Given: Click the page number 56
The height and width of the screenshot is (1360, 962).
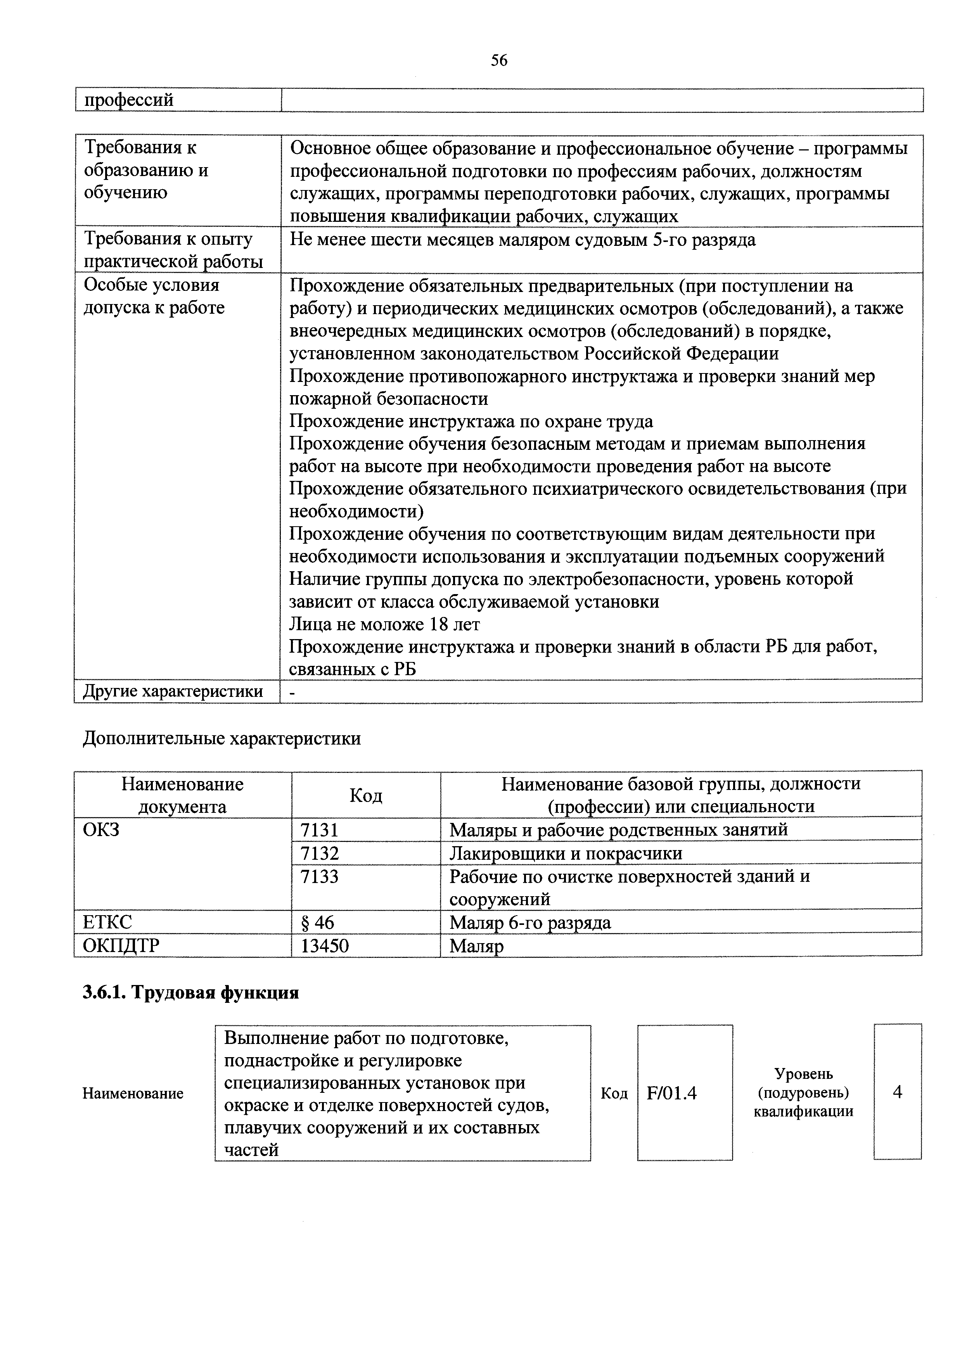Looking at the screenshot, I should [x=499, y=60].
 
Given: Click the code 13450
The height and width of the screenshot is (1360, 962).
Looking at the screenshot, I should [x=325, y=945].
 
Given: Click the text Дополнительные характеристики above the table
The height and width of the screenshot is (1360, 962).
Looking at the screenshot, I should [x=221, y=739].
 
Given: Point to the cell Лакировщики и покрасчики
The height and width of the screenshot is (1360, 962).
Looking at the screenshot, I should [x=566, y=853].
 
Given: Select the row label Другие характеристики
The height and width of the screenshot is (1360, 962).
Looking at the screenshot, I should [x=173, y=691].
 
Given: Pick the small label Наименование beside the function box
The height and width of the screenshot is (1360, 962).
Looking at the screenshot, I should [x=133, y=1094].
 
